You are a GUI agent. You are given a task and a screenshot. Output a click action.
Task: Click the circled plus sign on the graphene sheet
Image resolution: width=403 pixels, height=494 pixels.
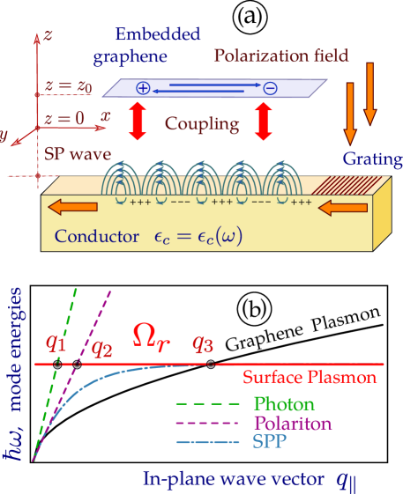143,87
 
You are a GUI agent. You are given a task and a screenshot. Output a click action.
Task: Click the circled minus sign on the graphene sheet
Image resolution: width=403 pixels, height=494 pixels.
270,87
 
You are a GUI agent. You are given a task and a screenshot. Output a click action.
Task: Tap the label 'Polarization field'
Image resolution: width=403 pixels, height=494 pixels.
281,56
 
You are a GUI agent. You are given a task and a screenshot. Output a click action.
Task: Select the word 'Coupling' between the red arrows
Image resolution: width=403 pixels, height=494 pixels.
202,124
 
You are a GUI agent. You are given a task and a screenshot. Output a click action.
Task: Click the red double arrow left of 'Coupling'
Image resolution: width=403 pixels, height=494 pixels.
138,122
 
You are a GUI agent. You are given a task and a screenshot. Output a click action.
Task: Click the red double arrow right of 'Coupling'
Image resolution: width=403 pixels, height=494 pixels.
263,122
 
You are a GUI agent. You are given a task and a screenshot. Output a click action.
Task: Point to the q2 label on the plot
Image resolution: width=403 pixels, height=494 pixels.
102,346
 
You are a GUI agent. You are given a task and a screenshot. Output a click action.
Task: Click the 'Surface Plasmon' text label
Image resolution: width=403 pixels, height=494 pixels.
310,378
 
